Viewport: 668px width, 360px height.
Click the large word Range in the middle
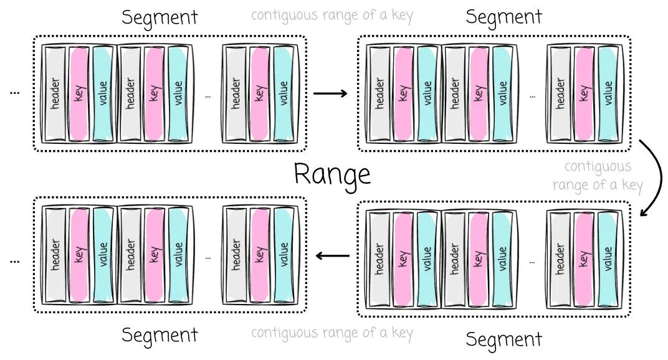332,174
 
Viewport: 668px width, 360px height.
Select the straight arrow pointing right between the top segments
330,94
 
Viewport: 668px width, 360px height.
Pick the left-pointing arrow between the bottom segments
332,255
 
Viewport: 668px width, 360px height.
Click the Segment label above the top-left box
160,17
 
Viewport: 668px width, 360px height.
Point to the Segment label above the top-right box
503,17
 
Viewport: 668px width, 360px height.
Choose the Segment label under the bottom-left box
160,335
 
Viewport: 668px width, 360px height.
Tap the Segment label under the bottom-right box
503,339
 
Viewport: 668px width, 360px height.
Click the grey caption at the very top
332,16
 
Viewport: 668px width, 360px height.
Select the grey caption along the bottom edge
332,333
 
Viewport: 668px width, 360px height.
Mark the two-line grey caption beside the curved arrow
597,176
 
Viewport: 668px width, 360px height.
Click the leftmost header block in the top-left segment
55,93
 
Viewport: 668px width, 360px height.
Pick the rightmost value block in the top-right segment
609,93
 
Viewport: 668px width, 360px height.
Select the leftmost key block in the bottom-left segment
79,255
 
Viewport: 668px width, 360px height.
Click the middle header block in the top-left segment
130,93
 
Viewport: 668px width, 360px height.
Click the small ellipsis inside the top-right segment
532,97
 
